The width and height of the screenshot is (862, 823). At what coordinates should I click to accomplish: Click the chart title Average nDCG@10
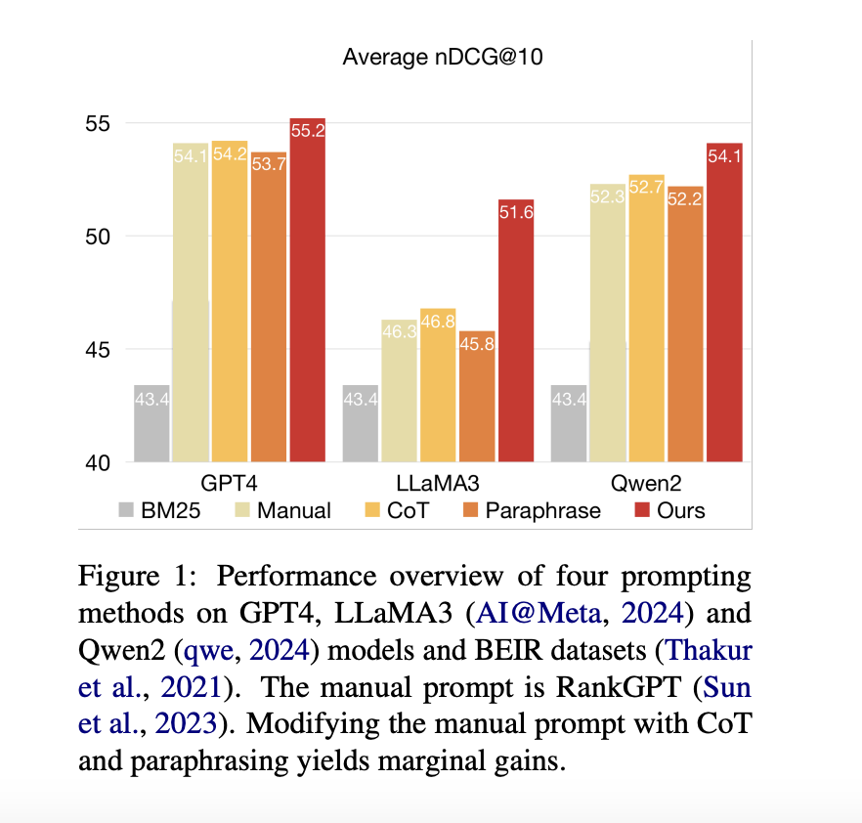(442, 57)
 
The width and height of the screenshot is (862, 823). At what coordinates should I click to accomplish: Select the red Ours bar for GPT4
(307, 293)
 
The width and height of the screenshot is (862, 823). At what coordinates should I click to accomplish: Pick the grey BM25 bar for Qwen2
(569, 423)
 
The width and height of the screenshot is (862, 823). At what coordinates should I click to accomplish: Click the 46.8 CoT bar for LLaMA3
(438, 386)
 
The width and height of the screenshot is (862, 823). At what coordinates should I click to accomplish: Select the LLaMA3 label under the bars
(438, 483)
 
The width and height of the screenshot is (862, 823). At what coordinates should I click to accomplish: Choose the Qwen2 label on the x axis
(647, 483)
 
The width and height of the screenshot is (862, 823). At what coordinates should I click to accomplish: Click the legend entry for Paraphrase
(542, 510)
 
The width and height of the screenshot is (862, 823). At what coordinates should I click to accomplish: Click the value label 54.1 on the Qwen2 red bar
(724, 155)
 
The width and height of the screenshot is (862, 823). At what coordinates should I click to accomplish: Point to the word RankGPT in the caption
(612, 687)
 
